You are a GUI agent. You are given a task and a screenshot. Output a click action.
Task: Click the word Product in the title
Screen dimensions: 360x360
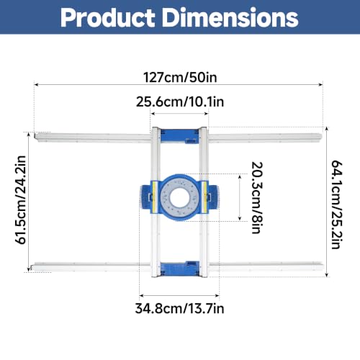pyautogui.click(x=107, y=18)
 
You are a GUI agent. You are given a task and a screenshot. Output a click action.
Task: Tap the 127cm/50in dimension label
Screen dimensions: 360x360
pyautogui.click(x=180, y=77)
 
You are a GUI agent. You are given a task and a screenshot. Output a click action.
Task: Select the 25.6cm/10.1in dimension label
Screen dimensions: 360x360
pyautogui.click(x=180, y=102)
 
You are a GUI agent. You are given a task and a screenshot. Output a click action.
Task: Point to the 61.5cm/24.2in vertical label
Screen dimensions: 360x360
pyautogui.click(x=21, y=200)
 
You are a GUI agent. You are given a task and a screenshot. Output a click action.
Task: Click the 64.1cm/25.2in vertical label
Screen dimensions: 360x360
pyautogui.click(x=337, y=204)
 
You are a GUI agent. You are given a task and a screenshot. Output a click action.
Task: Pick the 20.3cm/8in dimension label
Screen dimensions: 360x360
pyautogui.click(x=257, y=198)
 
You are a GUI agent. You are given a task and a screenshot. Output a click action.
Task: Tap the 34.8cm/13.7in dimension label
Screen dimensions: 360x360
pyautogui.click(x=179, y=308)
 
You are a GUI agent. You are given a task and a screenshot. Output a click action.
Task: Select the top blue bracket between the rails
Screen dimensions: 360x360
pyautogui.click(x=179, y=136)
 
